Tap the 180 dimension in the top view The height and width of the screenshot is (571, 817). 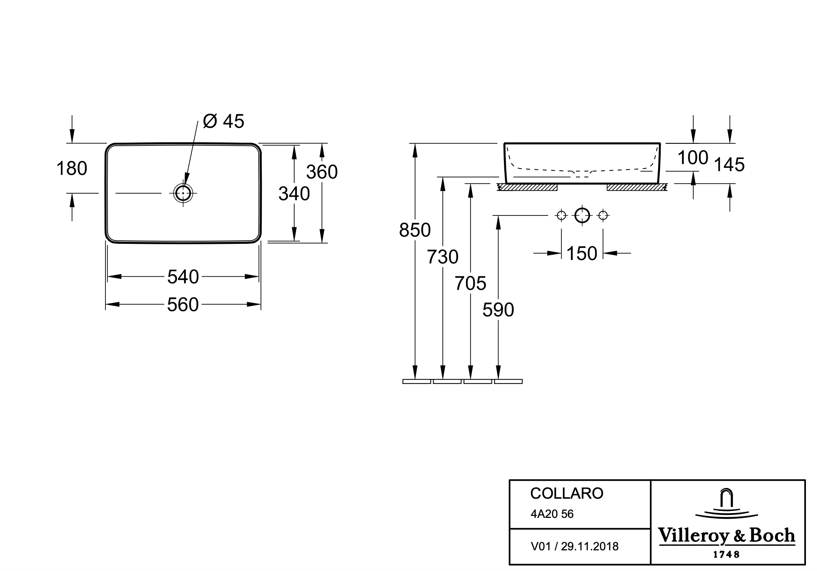point(72,169)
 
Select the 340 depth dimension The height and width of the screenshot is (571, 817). point(294,194)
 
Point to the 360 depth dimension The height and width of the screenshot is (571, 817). point(322,172)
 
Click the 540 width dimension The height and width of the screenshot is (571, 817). point(183,277)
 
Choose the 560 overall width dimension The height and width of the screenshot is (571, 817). point(183,305)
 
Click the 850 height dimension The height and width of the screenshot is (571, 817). point(415,230)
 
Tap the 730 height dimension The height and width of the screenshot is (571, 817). point(442,257)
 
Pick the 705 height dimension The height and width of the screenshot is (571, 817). point(470,283)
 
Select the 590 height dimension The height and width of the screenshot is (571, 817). point(498,310)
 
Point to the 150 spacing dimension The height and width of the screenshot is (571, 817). point(581,253)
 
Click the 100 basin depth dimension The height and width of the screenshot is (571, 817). point(693,158)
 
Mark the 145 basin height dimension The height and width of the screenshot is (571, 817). point(730,165)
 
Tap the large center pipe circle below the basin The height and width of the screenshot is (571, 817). point(582,215)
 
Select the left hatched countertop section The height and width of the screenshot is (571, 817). point(527,187)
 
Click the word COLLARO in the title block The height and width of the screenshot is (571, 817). point(567,494)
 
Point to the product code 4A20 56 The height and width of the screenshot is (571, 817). point(552,514)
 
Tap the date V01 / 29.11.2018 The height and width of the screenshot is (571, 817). point(574,546)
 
